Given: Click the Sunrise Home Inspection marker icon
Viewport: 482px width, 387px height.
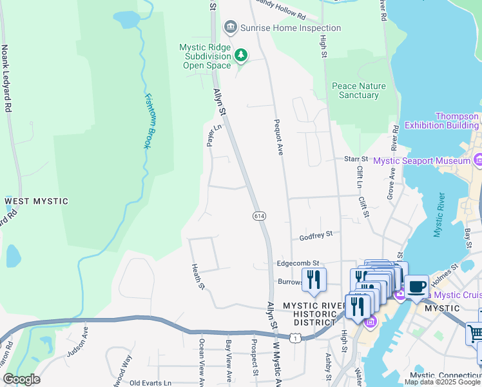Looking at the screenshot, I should [229, 28].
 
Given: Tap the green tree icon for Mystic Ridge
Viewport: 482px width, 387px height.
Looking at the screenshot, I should [241, 55].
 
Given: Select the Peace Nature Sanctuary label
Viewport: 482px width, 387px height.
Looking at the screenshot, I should [358, 90].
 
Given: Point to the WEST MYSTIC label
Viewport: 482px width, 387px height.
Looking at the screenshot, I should [36, 201].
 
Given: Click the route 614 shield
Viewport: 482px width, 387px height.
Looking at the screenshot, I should [259, 215].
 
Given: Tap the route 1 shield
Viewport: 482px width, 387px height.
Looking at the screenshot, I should [294, 337].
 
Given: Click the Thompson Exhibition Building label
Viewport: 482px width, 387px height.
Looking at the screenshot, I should [441, 121].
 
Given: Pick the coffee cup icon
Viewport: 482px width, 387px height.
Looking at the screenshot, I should [416, 285].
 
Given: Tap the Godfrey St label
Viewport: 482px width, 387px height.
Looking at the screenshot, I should [316, 236].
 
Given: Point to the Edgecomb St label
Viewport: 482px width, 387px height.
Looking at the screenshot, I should [298, 263].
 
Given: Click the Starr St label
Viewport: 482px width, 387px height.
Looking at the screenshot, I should [355, 159].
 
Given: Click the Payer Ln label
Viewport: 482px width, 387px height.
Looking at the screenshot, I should [209, 135].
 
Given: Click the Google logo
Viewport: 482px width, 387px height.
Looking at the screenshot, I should [21, 379].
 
